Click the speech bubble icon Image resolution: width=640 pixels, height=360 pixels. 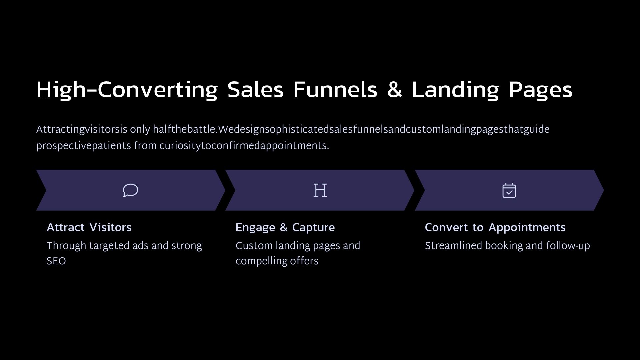(x=130, y=190)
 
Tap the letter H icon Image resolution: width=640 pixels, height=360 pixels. (x=320, y=190)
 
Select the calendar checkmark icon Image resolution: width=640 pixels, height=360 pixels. (x=509, y=190)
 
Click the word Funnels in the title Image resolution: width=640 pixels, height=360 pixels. (x=335, y=90)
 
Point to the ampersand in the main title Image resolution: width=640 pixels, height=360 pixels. (x=394, y=90)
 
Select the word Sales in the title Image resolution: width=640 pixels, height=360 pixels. (x=255, y=90)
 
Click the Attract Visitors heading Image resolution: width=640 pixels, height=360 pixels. (x=89, y=227)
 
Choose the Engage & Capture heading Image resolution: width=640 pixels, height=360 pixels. (x=285, y=228)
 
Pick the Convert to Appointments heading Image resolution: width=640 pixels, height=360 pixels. (x=495, y=228)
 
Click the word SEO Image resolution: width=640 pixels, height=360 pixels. (x=56, y=261)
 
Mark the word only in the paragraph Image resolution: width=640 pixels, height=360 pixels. (x=140, y=130)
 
